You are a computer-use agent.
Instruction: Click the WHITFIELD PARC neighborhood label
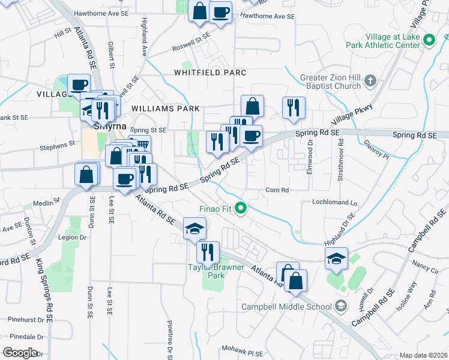210,73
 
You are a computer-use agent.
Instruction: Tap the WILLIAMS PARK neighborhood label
165,109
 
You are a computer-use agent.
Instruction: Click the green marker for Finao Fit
241,209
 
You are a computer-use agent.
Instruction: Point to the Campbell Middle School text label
286,307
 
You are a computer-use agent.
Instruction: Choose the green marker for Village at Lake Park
429,40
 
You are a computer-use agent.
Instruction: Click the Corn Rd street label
277,190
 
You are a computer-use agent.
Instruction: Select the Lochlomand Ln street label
334,203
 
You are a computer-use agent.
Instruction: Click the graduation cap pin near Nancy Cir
337,259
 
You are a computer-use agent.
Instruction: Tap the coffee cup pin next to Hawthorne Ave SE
220,11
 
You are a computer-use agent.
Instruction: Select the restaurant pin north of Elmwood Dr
294,107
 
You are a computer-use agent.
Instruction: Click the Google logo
20,352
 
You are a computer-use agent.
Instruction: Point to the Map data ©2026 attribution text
423,355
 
